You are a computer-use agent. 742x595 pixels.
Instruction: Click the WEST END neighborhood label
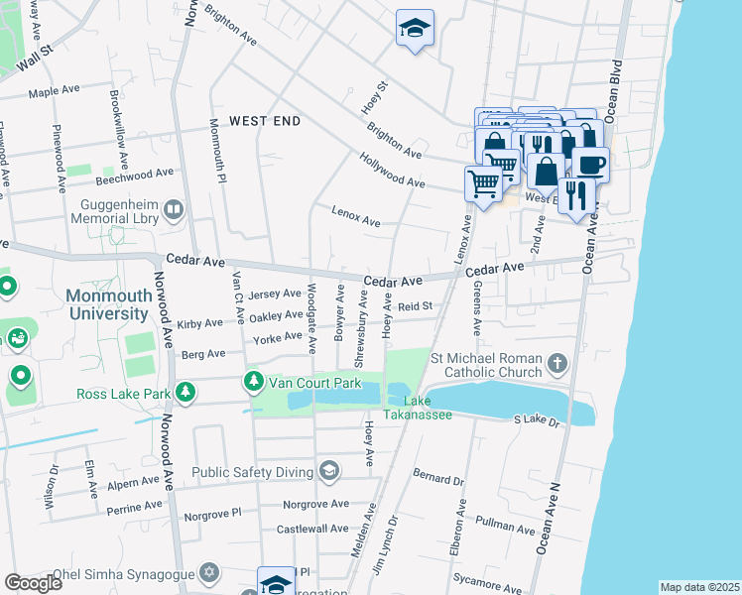(264, 121)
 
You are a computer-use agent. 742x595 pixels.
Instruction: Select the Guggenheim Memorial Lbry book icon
(174, 209)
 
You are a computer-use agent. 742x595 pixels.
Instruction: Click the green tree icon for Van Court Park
(255, 381)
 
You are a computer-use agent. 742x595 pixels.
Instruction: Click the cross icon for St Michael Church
(558, 364)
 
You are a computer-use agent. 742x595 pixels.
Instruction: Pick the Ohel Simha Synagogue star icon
(209, 572)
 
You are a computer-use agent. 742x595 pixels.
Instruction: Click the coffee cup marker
(591, 164)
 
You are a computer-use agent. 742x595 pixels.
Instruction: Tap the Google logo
(33, 583)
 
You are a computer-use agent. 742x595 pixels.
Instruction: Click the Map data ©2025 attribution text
(699, 587)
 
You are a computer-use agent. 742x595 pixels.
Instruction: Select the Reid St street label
(416, 307)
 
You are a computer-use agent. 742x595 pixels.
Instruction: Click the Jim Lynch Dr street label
(384, 535)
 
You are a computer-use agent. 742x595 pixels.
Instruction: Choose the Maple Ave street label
(54, 90)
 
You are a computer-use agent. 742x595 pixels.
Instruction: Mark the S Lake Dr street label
(538, 421)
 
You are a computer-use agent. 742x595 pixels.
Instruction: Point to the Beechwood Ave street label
(134, 175)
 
